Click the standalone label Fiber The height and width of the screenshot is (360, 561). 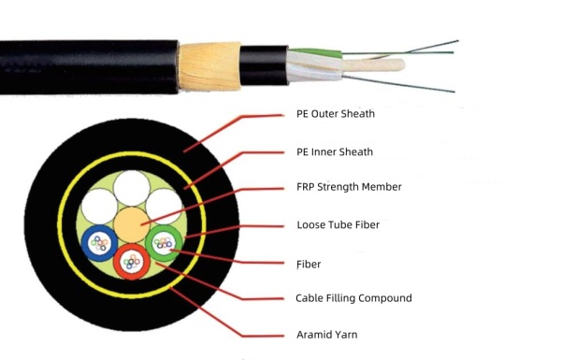pyautogui.click(x=308, y=265)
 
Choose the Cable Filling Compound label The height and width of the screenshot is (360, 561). pyautogui.click(x=352, y=298)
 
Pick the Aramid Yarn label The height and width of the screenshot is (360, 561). pyautogui.click(x=326, y=334)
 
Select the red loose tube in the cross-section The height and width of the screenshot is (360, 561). pyautogui.click(x=131, y=261)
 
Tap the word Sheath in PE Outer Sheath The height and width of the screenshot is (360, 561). pyautogui.click(x=356, y=114)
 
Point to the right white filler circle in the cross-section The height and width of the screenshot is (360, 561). pyautogui.click(x=163, y=204)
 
